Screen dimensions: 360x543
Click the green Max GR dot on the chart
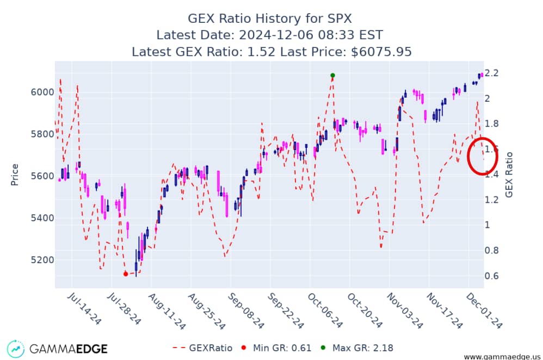[332, 75]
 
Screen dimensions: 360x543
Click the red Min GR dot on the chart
[126, 274]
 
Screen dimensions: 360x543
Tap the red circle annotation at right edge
[484, 156]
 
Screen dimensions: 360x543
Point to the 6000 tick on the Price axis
[41, 92]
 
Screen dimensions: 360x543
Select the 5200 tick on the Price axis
[41, 259]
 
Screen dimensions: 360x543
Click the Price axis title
[15, 174]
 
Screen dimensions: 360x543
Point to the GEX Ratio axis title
[509, 174]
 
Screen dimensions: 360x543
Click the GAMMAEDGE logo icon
[16, 349]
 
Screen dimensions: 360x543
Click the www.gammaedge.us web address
[501, 356]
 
